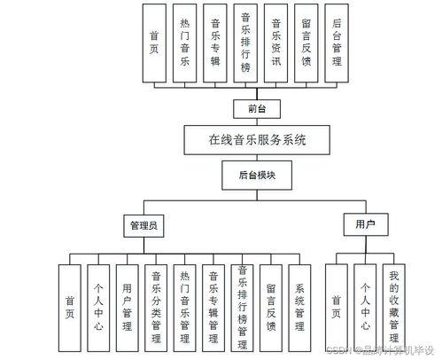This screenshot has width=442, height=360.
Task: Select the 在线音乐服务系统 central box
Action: pos(256,139)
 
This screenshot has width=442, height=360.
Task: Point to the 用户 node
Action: pos(365,225)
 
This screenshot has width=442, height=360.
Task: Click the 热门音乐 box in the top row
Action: pos(185,43)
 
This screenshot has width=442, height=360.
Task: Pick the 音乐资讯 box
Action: pos(276,43)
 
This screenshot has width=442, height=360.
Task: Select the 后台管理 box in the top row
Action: pos(337,43)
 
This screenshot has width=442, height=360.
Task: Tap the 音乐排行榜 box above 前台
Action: pos(246,43)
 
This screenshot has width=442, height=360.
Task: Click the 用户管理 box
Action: pos(128,307)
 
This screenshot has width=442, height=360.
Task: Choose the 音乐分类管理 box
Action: pos(156,307)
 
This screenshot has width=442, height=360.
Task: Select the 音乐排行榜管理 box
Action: pos(243,307)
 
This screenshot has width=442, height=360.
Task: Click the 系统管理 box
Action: pos(301,307)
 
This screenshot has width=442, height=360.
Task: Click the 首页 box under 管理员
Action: pos(71,307)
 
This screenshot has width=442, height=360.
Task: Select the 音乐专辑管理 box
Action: pos(213,307)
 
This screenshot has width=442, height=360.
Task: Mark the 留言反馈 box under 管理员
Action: pos(272,307)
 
